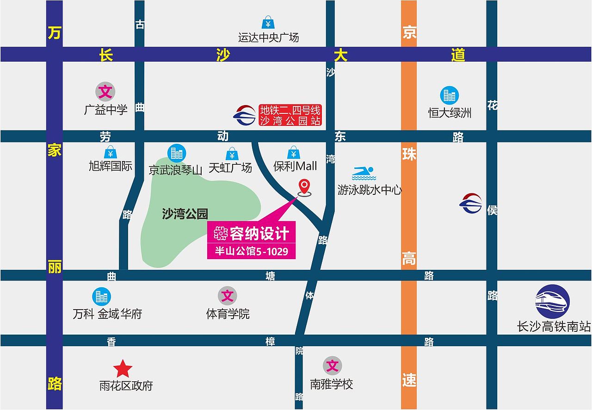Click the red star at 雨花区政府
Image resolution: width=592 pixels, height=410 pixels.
[123, 369]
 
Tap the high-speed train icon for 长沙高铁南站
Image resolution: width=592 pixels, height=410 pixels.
[552, 301]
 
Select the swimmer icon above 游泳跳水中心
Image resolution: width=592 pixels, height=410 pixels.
[364, 174]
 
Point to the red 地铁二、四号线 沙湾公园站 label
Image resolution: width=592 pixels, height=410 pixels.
[290, 115]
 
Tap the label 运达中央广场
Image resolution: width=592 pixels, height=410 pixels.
[268, 37]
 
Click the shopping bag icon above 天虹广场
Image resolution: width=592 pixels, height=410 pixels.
[232, 154]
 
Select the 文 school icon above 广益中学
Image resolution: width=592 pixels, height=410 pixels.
[105, 92]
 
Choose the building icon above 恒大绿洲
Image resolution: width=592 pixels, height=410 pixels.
[449, 95]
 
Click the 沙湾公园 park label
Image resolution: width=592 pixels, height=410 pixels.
[185, 214]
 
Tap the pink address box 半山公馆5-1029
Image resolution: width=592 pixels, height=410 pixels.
[251, 251]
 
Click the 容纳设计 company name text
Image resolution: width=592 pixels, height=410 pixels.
[259, 233]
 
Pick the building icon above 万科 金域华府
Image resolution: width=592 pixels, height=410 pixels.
[101, 296]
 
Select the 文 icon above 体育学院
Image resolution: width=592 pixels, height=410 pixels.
[227, 295]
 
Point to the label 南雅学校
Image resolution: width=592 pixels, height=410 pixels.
[332, 384]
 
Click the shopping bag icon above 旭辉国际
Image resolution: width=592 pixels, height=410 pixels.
[110, 152]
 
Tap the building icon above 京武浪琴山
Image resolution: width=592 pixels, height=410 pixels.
[176, 153]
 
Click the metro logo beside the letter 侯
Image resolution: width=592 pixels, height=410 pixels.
[471, 204]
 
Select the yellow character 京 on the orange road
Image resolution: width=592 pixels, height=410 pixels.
[409, 33]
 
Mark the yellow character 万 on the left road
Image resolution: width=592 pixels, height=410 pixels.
[54, 33]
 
